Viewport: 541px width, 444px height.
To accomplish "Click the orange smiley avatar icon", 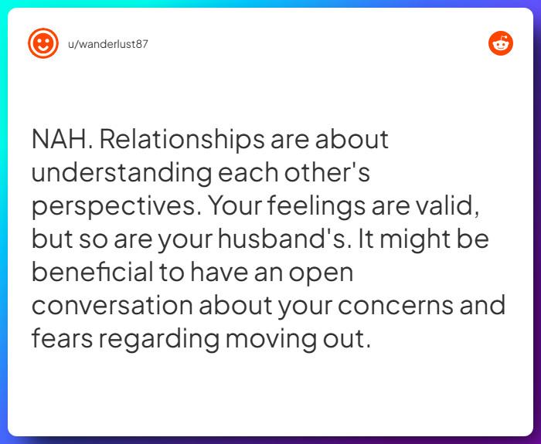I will [x=43, y=43].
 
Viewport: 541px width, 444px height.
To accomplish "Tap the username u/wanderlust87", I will [x=108, y=44].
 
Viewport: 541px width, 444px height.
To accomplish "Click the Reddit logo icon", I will [x=501, y=43].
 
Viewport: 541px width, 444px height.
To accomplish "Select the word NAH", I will [x=61, y=140].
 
